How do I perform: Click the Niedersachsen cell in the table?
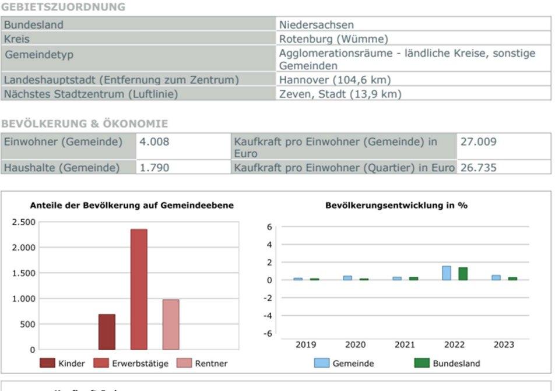click(317, 25)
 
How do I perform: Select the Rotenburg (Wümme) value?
click(333, 39)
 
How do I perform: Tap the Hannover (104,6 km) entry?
click(335, 80)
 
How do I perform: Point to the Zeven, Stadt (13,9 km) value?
click(340, 94)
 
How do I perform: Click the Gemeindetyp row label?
click(38, 55)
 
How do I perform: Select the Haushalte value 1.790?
click(154, 168)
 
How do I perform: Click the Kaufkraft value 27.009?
click(478, 142)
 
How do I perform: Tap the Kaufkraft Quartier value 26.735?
click(478, 168)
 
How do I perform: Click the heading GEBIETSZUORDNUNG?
click(63, 7)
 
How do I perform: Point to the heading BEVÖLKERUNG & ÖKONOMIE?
click(85, 124)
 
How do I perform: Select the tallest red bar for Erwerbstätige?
click(139, 289)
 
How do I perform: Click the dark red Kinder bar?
click(107, 332)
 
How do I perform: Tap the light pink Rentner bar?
click(171, 324)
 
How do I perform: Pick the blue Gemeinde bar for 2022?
click(447, 273)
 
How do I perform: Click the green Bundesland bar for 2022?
click(463, 274)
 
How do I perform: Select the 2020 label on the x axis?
click(355, 344)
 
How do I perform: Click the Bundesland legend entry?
click(456, 363)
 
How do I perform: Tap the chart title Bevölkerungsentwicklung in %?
click(396, 205)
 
